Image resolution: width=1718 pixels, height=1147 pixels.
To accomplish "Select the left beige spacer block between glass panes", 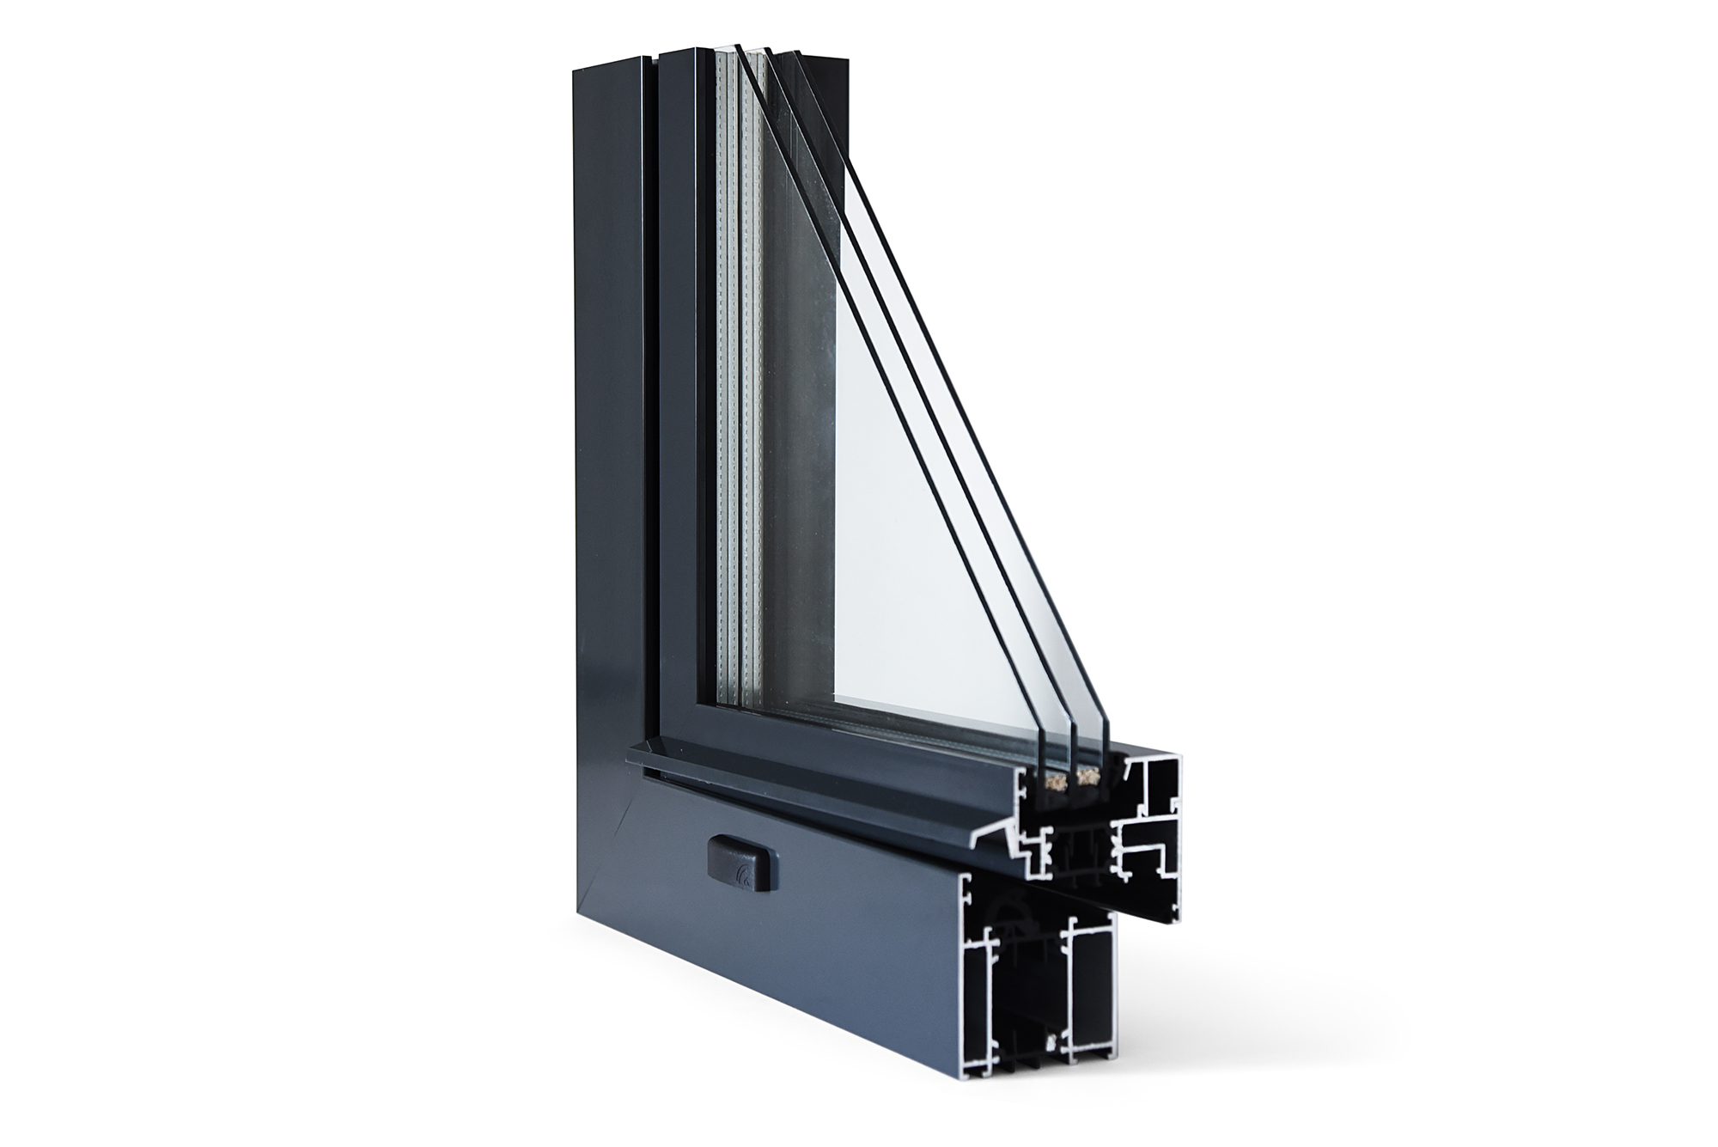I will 1057,780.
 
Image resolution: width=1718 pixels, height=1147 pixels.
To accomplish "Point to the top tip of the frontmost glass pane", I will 739,46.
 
